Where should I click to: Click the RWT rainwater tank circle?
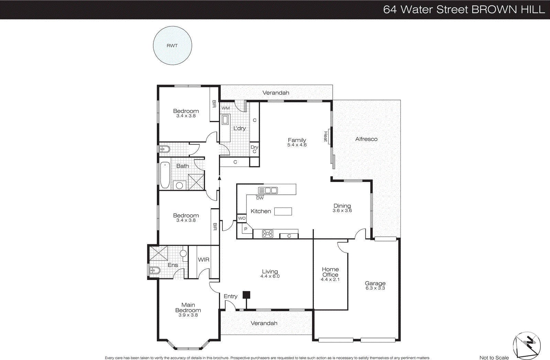[172, 46]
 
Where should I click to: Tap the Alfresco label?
[366, 139]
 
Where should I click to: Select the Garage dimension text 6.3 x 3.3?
[375, 288]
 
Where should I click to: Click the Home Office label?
[330, 272]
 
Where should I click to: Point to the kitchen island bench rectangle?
[283, 211]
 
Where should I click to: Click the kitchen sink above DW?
[268, 190]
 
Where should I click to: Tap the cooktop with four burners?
[267, 234]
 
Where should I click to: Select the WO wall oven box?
[242, 218]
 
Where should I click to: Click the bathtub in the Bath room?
[165, 175]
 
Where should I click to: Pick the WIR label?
[203, 260]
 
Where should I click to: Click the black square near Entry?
[246, 295]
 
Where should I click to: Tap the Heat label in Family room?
[325, 136]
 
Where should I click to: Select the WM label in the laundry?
[225, 108]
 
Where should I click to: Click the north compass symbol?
[527, 345]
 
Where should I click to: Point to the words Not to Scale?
[494, 358]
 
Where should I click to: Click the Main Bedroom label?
[188, 307]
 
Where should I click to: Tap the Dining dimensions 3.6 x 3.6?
[342, 211]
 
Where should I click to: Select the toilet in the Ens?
[154, 270]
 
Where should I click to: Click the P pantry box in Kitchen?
[245, 229]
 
